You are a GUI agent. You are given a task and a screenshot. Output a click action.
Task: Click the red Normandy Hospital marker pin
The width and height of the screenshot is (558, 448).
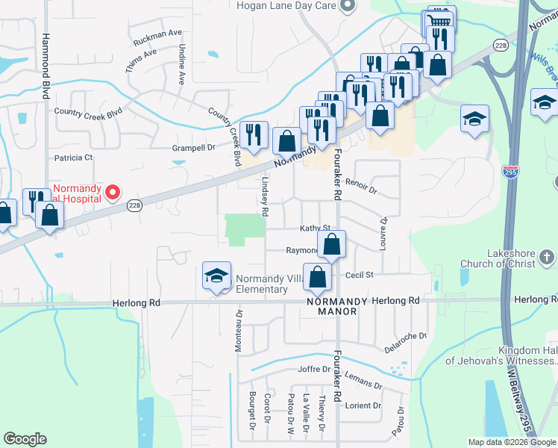(x=113, y=193)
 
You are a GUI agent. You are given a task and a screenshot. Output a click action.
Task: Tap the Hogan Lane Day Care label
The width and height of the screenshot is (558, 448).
(x=287, y=6)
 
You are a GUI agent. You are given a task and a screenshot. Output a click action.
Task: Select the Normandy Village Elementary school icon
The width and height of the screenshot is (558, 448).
(x=216, y=277)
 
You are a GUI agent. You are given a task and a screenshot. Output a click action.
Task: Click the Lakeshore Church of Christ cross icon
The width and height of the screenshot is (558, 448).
(x=547, y=258)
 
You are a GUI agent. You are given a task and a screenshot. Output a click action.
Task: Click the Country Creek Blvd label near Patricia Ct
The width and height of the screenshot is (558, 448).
(x=88, y=112)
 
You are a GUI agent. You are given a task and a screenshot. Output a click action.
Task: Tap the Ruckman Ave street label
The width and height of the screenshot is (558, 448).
(x=158, y=34)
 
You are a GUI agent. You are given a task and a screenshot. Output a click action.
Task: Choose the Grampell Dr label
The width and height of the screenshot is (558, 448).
(x=193, y=148)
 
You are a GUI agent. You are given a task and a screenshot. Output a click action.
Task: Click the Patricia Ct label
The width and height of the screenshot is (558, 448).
(x=73, y=158)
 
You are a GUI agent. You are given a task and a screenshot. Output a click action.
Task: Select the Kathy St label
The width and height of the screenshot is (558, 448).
(x=315, y=228)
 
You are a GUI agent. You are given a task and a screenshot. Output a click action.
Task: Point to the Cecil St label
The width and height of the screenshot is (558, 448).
(x=359, y=275)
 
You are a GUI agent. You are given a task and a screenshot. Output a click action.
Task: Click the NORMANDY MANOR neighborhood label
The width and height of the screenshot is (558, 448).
(x=337, y=305)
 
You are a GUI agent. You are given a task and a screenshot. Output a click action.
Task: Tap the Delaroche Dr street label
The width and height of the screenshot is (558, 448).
(x=405, y=341)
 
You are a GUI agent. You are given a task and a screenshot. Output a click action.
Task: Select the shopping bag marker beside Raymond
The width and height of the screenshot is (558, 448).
(x=332, y=243)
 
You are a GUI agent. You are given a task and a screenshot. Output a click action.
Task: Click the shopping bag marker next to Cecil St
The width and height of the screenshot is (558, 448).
(x=318, y=276)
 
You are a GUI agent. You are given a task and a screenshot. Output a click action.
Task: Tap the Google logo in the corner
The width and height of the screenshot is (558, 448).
(x=25, y=439)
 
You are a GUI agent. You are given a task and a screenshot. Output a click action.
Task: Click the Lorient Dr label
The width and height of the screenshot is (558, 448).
(x=363, y=405)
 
